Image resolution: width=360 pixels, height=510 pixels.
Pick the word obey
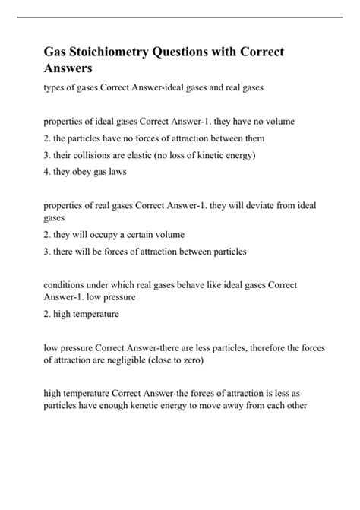coord(73,173)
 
